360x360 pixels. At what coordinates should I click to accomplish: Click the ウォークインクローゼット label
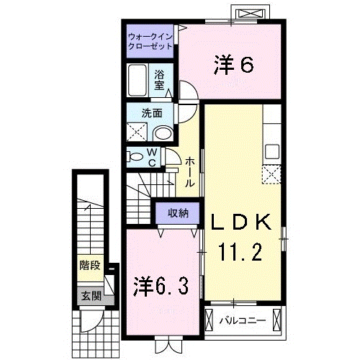[x=150, y=40]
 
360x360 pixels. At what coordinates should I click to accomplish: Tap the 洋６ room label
[x=233, y=66]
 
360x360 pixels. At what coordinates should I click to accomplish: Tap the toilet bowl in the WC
[x=135, y=156]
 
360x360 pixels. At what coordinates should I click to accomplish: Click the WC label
[x=153, y=156]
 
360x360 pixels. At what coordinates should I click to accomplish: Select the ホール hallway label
[x=189, y=174]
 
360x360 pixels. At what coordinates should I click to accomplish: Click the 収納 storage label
[x=179, y=212]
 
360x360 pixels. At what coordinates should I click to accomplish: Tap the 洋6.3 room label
[x=161, y=286]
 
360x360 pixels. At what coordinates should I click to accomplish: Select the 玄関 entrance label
[x=90, y=294]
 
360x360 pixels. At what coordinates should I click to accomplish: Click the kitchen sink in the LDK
[x=271, y=152]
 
